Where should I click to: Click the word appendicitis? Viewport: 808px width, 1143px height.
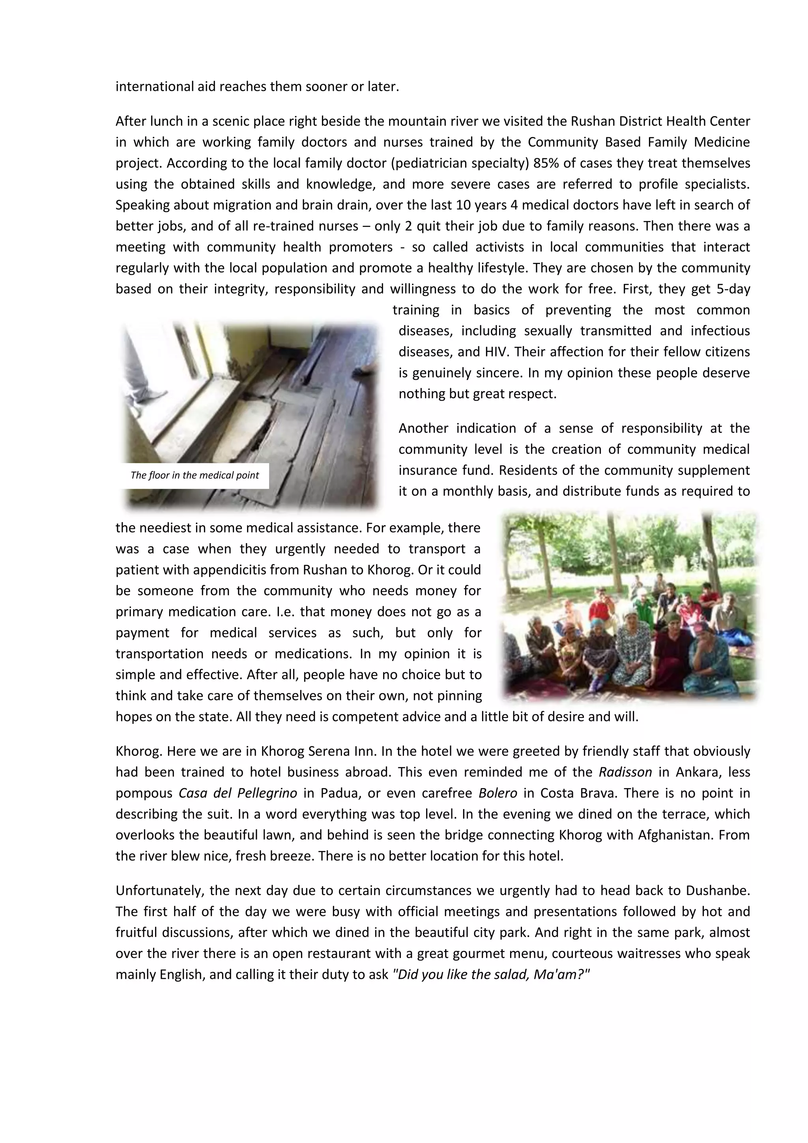point(217,570)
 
